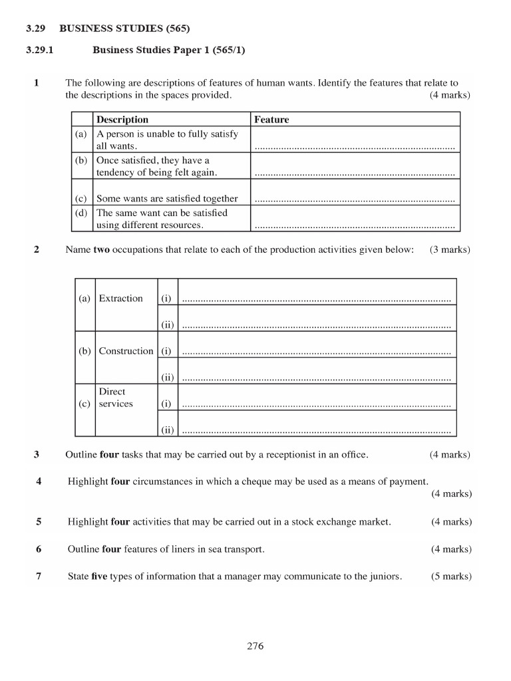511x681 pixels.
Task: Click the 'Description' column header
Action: tap(122, 120)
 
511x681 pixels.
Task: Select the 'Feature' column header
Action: tap(271, 120)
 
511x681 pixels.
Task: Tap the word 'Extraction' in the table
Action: tap(120, 299)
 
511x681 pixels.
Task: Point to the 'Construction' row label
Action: tap(126, 351)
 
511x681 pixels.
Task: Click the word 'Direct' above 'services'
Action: tap(112, 392)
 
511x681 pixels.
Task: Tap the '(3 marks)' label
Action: tap(450, 250)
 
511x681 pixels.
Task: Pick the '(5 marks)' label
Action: tap(451, 577)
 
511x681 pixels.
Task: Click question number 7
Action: tap(39, 577)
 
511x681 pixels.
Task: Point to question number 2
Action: tap(37, 250)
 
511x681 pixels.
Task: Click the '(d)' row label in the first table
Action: tap(81, 213)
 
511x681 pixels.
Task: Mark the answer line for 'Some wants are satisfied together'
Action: tap(355, 199)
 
